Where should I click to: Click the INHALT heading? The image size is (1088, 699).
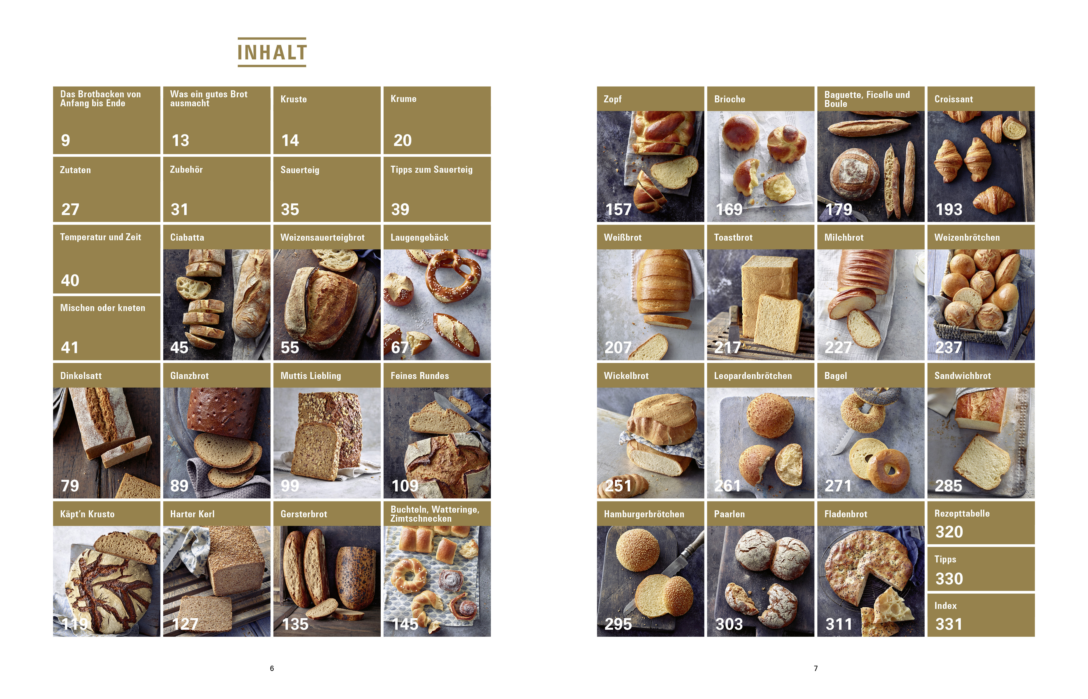click(272, 52)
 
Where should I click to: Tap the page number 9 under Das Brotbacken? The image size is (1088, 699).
click(65, 140)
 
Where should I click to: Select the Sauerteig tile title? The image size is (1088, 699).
click(300, 170)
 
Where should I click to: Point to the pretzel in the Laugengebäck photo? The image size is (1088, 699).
click(453, 275)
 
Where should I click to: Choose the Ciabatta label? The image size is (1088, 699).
click(187, 237)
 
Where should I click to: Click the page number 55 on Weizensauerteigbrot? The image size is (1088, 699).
click(290, 348)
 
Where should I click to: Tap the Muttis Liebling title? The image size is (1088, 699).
click(311, 376)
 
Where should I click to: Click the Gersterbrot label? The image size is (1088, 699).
click(304, 514)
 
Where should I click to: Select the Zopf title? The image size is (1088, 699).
click(613, 99)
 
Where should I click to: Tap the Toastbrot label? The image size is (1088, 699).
click(733, 237)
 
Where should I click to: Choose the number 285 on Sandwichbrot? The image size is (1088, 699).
click(949, 486)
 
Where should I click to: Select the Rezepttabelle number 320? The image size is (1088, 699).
click(949, 532)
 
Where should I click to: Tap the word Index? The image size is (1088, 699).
click(945, 606)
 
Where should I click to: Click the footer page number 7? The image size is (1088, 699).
click(816, 668)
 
